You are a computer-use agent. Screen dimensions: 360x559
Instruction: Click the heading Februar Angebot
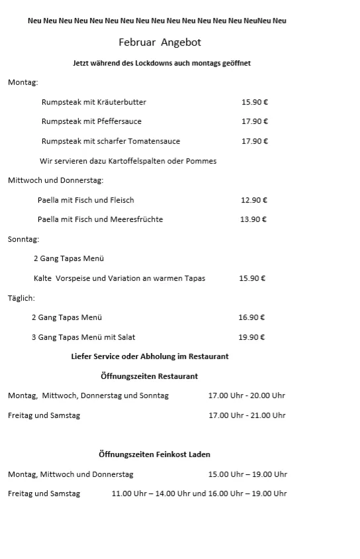coord(159,42)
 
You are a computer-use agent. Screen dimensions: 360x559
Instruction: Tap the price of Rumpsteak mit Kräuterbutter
coord(255,102)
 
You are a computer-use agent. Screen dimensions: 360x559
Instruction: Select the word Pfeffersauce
coord(120,121)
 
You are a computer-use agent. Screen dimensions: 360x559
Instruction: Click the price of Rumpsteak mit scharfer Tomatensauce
coord(255,141)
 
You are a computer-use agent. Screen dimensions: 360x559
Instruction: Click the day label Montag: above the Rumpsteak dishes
coord(23,82)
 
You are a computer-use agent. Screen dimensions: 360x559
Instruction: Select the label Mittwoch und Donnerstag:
coord(56,180)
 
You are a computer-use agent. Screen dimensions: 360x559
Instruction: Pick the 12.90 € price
coord(254,200)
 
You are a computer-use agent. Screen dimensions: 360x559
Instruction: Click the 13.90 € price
coord(253,219)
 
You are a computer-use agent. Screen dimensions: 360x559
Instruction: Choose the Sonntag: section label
coord(24,239)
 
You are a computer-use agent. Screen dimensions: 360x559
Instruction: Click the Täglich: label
coord(21,298)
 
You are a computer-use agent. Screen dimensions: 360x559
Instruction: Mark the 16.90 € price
coord(252,317)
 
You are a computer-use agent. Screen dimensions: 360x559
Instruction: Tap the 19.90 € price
coord(252,337)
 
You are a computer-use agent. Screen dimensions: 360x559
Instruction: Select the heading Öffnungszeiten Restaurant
coord(149,376)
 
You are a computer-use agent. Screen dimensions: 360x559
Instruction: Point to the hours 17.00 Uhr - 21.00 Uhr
coord(247,415)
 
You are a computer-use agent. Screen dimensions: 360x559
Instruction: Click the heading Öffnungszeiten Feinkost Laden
coord(154,454)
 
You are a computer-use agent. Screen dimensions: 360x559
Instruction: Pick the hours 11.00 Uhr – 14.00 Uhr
coord(151,493)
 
